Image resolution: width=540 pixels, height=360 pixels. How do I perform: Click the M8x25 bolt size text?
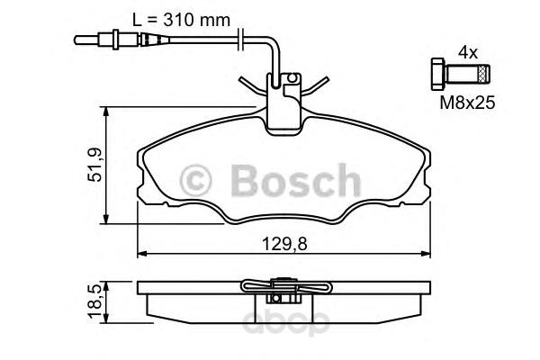tap(467, 104)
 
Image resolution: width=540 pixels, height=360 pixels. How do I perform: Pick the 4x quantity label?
tap(466, 53)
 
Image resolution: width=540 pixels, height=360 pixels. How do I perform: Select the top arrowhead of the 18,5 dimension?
tap(109, 284)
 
